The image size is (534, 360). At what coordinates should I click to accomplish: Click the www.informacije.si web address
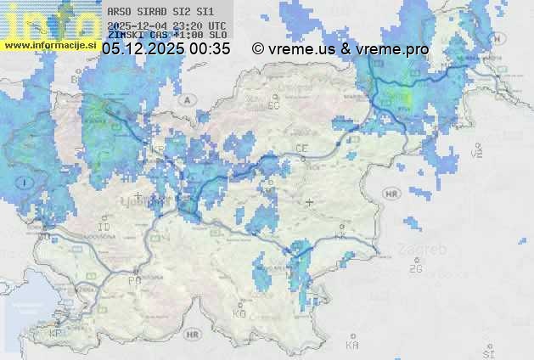[49, 45]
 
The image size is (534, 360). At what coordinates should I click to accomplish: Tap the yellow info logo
[49, 20]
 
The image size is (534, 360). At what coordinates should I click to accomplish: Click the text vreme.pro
[393, 49]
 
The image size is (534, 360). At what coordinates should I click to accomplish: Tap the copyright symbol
[258, 49]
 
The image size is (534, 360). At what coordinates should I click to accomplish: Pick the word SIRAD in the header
[155, 13]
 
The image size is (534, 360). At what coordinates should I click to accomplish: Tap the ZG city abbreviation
[416, 269]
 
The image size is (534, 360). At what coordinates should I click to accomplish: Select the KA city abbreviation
[352, 345]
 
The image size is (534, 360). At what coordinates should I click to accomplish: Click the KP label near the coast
[56, 334]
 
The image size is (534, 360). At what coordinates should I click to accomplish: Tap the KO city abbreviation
[239, 313]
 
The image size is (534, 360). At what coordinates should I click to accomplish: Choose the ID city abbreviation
[104, 228]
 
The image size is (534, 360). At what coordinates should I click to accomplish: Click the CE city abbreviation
[301, 148]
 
